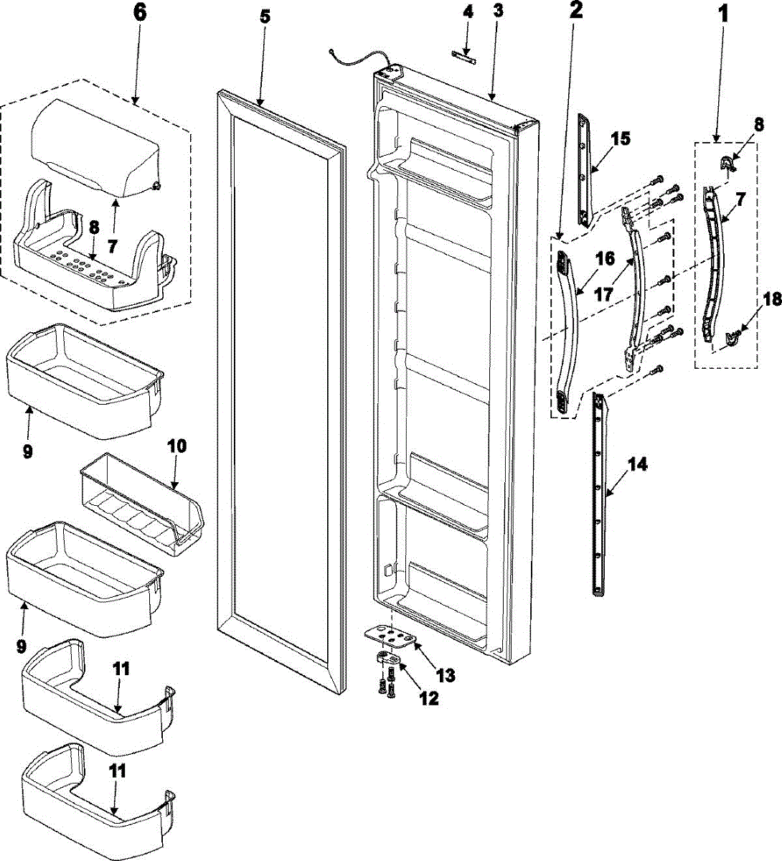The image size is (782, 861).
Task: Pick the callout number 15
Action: coord(621,138)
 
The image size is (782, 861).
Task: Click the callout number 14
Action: coord(637,465)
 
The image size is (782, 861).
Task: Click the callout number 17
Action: coord(604,293)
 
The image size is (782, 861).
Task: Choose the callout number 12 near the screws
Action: coord(429,697)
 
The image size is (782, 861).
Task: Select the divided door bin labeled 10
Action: coord(140,502)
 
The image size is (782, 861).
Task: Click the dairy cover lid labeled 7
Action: coord(93,143)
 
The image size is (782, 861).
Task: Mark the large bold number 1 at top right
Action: coord(723,14)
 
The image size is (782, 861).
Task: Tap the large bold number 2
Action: coord(576,11)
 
